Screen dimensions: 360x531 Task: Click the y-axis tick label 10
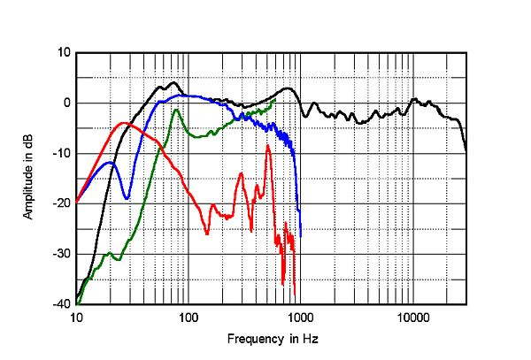[x=64, y=52]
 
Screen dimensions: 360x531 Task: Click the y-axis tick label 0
[x=66, y=103]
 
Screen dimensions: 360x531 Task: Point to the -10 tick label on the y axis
[x=62, y=153]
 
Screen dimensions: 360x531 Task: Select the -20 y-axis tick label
[x=62, y=203]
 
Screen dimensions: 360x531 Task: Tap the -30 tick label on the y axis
[x=62, y=254]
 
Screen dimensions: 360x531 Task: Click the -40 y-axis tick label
[x=62, y=304]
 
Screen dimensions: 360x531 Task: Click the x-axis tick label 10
[x=76, y=316]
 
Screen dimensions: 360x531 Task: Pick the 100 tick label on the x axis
[x=188, y=316]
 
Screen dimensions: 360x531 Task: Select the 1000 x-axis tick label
[x=300, y=316]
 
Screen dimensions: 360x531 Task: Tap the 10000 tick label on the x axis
[x=412, y=316]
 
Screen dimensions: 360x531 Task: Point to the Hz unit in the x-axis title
[x=310, y=339]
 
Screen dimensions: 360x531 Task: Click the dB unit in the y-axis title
[x=30, y=132]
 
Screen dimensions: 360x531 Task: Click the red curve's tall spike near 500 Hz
[x=267, y=146]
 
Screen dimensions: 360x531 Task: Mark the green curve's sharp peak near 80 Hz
[x=176, y=111]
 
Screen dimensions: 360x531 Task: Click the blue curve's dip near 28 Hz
[x=127, y=197]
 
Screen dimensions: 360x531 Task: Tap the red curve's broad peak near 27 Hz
[x=124, y=123]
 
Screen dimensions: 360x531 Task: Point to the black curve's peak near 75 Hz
[x=173, y=82]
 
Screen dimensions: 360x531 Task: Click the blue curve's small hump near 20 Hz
[x=109, y=163]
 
